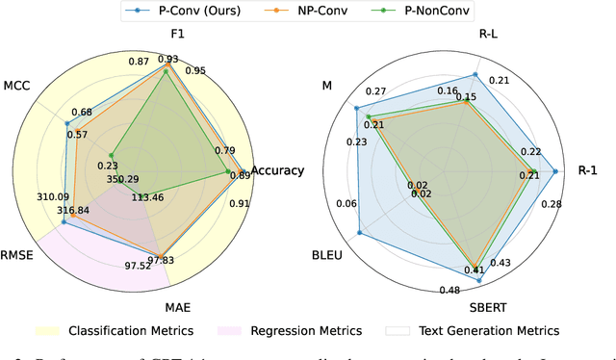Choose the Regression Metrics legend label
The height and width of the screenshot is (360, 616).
[306, 330]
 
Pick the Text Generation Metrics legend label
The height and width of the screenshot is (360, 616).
[488, 330]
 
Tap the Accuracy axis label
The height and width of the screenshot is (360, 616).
[277, 171]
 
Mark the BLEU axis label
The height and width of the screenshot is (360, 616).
[325, 257]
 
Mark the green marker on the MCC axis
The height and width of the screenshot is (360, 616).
[111, 155]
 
